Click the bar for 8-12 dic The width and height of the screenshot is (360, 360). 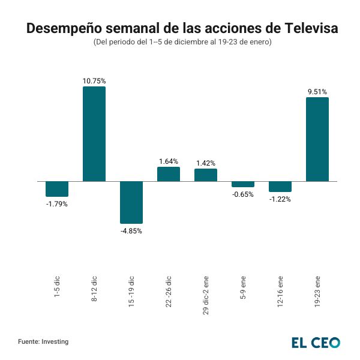(x=94, y=134)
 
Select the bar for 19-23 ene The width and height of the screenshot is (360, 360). (x=317, y=139)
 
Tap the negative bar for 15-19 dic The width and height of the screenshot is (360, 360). (x=131, y=202)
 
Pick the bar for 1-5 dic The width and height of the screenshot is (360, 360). (x=57, y=189)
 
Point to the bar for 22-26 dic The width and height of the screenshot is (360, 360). (x=169, y=174)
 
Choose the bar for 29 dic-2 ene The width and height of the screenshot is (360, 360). (x=206, y=175)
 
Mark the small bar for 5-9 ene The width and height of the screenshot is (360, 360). (x=243, y=184)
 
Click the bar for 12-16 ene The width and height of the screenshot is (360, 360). (x=280, y=187)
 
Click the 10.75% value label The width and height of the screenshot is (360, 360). (x=94, y=80)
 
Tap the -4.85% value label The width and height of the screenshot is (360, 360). (x=131, y=231)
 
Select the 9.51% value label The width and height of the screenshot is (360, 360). (x=317, y=92)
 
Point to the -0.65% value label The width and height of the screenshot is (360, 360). (x=243, y=194)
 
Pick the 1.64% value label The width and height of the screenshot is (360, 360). (x=169, y=161)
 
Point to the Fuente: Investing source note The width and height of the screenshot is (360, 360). (x=43, y=341)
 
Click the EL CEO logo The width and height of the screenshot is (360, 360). (x=316, y=343)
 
